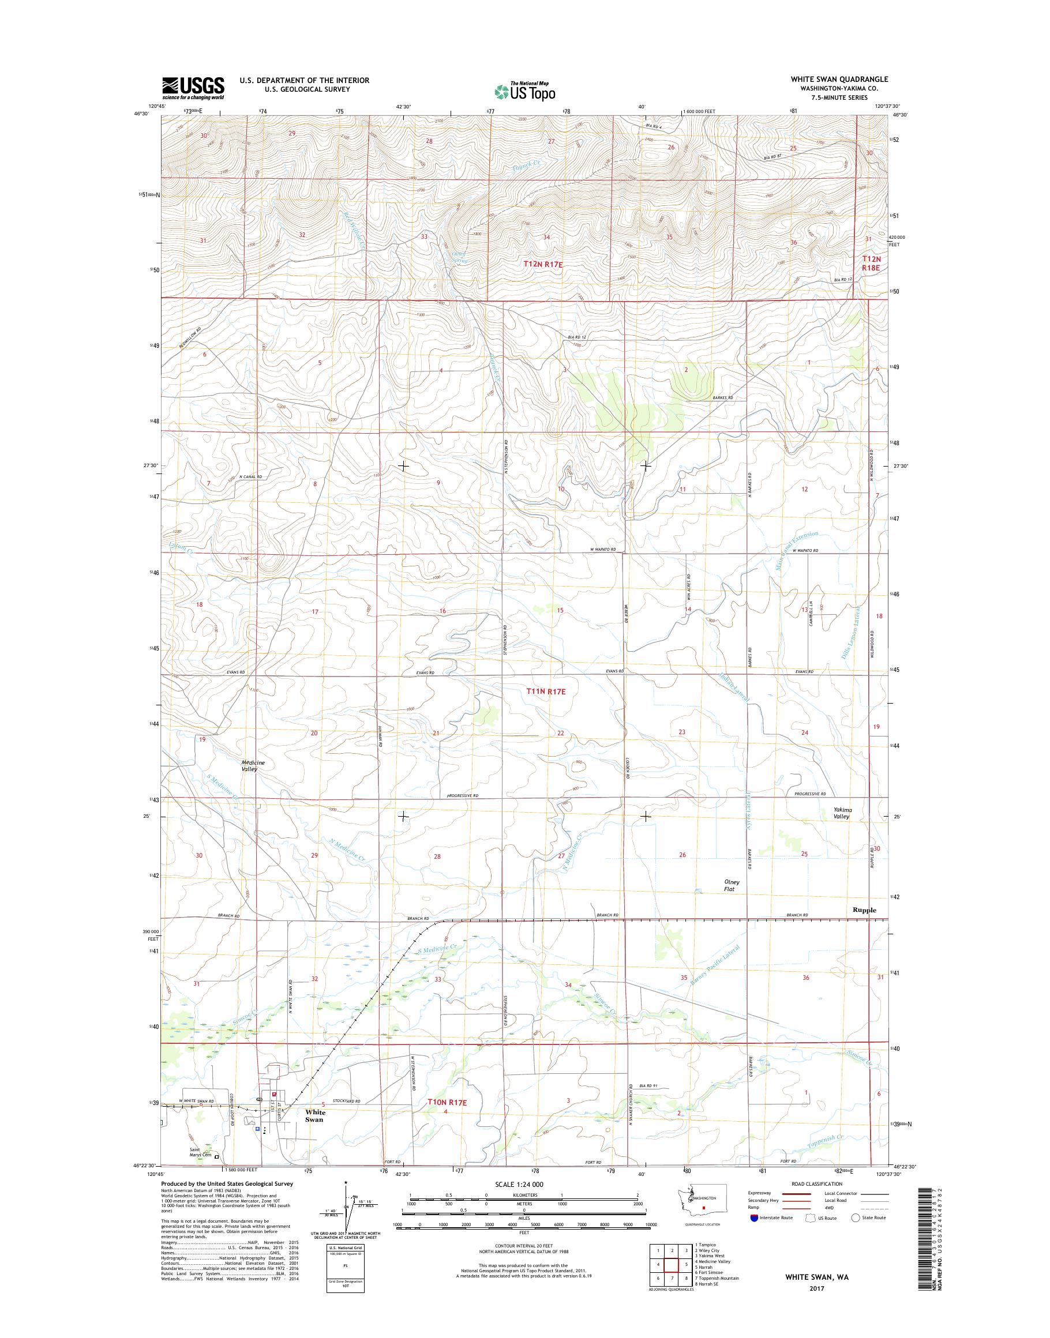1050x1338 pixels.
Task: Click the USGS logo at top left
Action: pyautogui.click(x=193, y=88)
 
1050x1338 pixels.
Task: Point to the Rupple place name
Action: pyautogui.click(x=864, y=909)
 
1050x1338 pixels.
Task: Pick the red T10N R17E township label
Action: pyautogui.click(x=447, y=1103)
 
